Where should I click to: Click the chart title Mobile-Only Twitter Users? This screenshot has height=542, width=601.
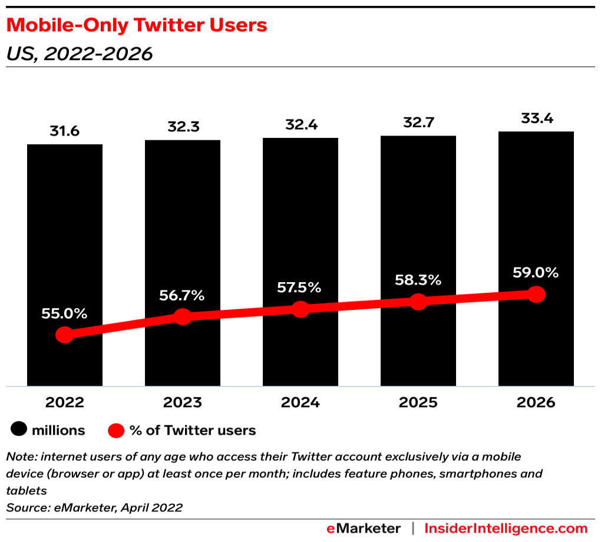click(137, 26)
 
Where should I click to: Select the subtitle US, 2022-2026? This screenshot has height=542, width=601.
click(80, 54)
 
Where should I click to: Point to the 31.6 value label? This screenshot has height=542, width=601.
click(64, 131)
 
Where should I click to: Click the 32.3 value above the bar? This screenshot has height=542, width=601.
click(184, 127)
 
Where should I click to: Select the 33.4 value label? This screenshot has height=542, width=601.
click(537, 118)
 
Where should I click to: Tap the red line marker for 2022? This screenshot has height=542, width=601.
click(65, 335)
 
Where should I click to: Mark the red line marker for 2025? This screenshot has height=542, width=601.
click(418, 302)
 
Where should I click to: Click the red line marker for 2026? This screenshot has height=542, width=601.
click(536, 295)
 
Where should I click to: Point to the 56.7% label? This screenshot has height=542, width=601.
click(181, 296)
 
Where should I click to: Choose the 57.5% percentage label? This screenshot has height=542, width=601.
click(299, 287)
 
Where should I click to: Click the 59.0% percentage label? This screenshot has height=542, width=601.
click(536, 273)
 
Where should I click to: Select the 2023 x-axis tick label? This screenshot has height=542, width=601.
click(183, 402)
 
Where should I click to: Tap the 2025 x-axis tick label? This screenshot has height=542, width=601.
click(418, 402)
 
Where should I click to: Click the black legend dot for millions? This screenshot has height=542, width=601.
click(19, 429)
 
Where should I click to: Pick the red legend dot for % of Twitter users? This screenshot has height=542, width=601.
click(115, 431)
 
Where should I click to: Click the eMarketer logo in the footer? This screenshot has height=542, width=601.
click(364, 528)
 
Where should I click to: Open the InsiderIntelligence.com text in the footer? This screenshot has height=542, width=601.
click(506, 528)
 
